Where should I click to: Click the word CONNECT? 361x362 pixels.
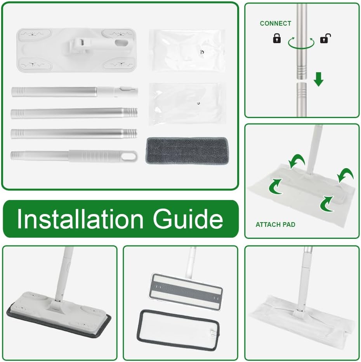276,23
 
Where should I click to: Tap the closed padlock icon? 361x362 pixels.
277,38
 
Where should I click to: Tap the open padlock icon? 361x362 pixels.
325,38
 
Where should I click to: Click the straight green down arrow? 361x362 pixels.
319,79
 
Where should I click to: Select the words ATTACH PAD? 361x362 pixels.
276,225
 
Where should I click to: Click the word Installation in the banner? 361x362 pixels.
80,219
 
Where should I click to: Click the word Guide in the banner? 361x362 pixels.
188,219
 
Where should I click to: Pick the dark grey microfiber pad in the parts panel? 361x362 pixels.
187,151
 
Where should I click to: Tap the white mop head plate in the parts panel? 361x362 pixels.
76,50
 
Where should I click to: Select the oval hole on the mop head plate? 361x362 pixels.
121,42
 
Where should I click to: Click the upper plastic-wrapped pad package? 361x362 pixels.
187,50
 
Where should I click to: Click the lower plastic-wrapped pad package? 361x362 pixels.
187,104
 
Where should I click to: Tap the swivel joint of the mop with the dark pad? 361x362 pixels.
56,304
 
